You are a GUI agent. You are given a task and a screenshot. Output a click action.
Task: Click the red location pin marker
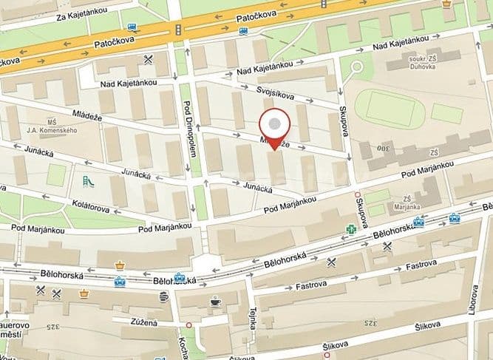click(x=276, y=127)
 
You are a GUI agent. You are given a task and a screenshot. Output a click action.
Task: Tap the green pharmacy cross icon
click(x=352, y=230)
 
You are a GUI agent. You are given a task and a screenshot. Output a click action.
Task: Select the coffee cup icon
click(x=215, y=301)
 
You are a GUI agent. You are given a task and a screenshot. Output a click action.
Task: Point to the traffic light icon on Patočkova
click(x=178, y=29)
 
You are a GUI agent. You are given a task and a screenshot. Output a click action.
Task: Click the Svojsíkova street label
click(x=276, y=95)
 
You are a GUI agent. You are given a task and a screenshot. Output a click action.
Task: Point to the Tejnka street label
click(x=252, y=320)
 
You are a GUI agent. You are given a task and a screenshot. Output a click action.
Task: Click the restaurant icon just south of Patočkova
click(x=149, y=58)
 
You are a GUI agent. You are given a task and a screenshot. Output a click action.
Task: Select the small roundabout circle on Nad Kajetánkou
click(x=357, y=67)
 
